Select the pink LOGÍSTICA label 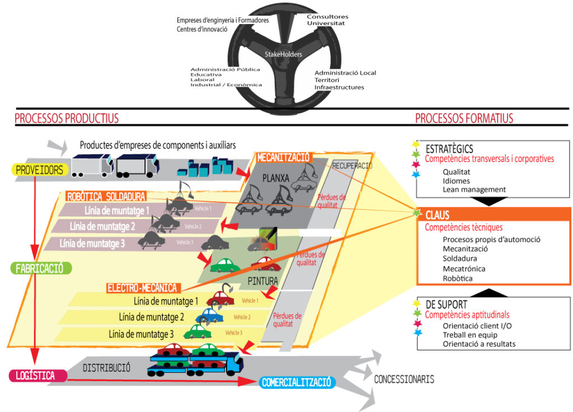point(35,376)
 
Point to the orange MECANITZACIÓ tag point(283,158)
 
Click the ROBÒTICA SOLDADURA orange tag point(106,196)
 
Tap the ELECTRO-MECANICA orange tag point(142,288)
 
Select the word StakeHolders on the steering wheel point(284,54)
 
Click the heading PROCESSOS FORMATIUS point(464,118)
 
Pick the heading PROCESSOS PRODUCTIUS point(67,118)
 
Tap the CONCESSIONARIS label point(404,380)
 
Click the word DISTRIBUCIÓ point(106,368)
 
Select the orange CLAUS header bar point(495,215)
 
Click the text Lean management point(474,190)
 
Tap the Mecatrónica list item point(464,268)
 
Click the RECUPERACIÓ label point(352,166)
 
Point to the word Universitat point(326,23)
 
